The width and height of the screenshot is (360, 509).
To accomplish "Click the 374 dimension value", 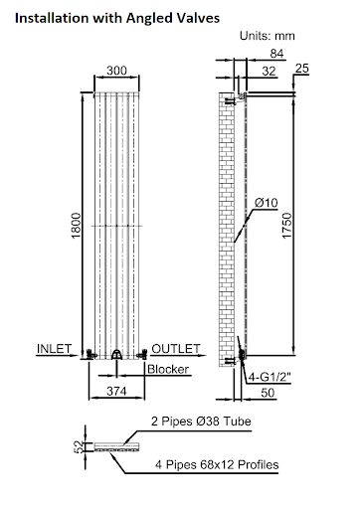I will pos(117,392).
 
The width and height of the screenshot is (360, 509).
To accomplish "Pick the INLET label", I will pos(55,350).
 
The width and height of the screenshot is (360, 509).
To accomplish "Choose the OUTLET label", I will pos(175,350).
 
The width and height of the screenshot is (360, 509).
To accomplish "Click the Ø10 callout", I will pos(266,203).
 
